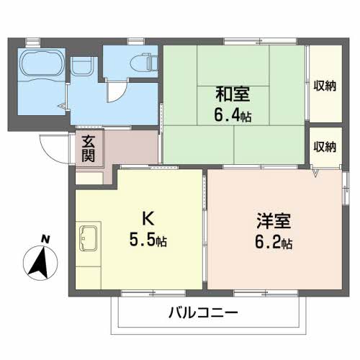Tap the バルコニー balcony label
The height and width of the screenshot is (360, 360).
[203, 314]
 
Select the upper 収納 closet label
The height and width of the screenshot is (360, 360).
[325, 86]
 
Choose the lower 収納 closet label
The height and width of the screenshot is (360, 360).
[325, 146]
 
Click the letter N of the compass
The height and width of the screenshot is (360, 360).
[45, 239]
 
